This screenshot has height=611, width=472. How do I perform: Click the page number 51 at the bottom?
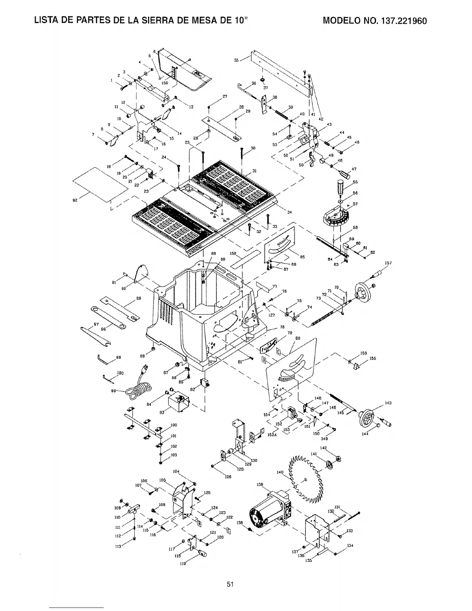[x=230, y=584]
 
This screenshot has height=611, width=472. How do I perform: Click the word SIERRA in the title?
[x=162, y=20]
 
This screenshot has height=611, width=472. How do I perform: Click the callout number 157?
[x=388, y=263]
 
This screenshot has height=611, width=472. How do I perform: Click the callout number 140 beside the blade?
[x=280, y=472]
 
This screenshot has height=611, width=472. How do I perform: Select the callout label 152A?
[x=273, y=434]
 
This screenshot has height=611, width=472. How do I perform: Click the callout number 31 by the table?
[x=255, y=171]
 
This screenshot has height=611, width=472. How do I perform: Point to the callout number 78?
[x=282, y=327]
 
